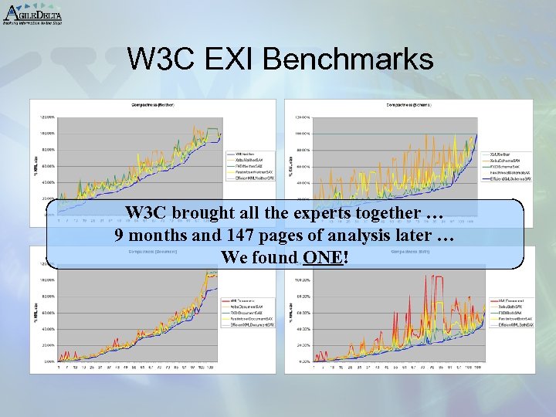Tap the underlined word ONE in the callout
(x=324, y=257)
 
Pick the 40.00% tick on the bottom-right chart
(x=302, y=329)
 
